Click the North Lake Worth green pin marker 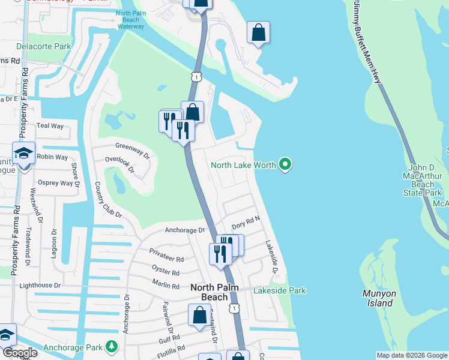tap(285, 164)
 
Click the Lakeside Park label tap(279, 291)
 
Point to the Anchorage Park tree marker tap(111, 346)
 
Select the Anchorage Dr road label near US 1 tap(185, 230)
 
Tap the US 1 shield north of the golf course tap(196, 76)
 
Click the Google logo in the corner tap(20, 353)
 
